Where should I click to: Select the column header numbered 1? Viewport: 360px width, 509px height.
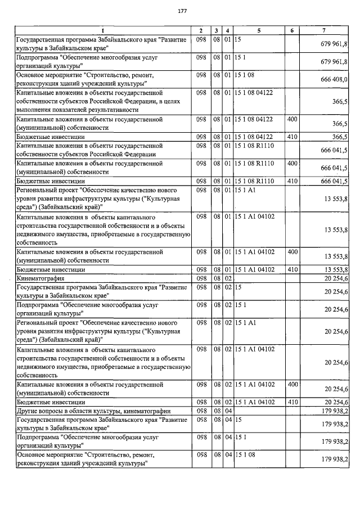coord(103,29)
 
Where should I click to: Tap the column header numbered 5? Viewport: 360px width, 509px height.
coord(259,29)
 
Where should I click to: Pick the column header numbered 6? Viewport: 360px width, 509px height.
coord(292,29)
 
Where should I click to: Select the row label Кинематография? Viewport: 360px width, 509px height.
coord(41,278)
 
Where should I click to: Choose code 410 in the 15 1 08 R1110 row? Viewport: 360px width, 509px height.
coord(292,181)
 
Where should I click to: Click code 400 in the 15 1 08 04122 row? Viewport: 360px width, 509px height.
coord(292,119)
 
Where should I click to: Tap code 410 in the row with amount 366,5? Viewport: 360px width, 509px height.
coord(292,137)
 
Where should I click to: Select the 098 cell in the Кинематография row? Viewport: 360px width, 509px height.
coord(201,278)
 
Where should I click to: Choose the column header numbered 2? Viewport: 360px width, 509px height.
coord(201,29)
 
